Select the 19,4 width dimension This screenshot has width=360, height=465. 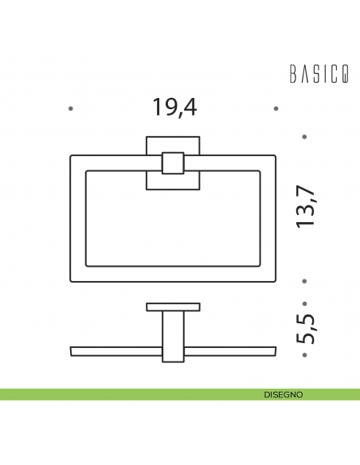174,107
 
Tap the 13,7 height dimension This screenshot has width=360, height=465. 306,207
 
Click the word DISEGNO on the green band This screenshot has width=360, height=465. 283,394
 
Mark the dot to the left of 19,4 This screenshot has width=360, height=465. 71,107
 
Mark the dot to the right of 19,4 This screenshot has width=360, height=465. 276,107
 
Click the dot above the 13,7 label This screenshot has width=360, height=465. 305,137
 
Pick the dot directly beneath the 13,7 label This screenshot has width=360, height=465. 305,280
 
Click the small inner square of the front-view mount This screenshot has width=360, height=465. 173,163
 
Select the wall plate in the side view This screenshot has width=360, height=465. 173,307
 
